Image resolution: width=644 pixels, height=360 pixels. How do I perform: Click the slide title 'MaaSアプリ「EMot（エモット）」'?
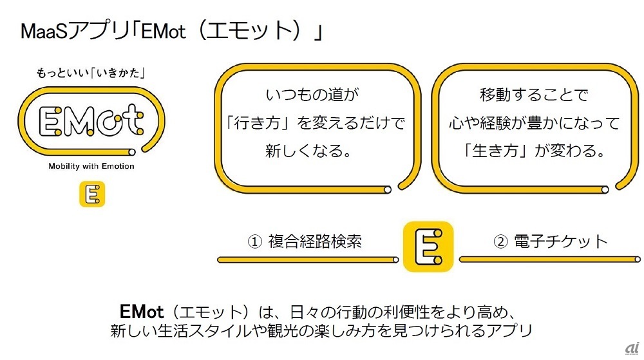172,31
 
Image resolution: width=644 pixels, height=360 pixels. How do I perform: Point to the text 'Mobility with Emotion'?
91,166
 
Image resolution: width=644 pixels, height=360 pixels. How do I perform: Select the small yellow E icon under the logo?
92,194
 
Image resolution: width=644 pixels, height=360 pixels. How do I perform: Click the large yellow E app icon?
428,246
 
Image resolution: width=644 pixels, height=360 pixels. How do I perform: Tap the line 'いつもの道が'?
312,95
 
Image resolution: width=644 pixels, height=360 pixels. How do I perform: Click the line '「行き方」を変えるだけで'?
316,123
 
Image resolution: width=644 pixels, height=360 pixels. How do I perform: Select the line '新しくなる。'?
309,151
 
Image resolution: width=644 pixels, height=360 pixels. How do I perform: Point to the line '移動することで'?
534,95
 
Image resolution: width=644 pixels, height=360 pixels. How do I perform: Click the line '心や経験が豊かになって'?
534,123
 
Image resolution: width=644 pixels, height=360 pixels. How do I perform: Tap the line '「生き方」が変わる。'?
534,151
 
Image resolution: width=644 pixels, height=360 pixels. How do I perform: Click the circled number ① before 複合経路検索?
254,242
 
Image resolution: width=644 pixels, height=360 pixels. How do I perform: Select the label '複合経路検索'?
315,242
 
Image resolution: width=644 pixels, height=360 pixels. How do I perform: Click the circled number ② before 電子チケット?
500,242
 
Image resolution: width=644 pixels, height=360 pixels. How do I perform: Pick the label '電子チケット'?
561,242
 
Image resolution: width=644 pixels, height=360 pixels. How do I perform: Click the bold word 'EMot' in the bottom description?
142,312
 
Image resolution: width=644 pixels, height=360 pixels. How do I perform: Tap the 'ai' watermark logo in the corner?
632,348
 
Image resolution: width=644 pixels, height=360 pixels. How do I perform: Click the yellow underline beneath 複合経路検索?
308,260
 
